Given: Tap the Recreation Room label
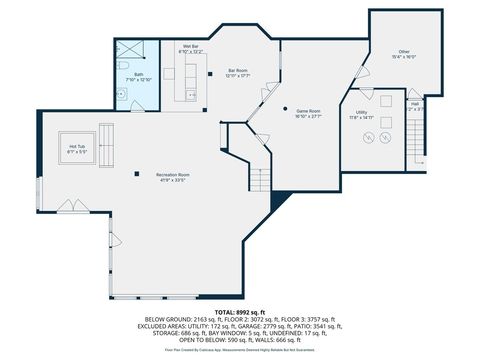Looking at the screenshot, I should (173, 177).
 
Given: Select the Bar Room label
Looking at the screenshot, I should (237, 72).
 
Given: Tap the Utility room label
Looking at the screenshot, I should (361, 114).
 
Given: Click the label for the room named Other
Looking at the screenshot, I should (403, 53).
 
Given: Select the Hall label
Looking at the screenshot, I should (415, 105).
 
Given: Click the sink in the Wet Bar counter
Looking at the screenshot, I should (190, 93).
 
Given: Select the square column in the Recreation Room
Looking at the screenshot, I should (138, 173).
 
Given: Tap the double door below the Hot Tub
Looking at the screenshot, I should (72, 205).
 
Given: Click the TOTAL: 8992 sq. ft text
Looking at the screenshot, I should (240, 312).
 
